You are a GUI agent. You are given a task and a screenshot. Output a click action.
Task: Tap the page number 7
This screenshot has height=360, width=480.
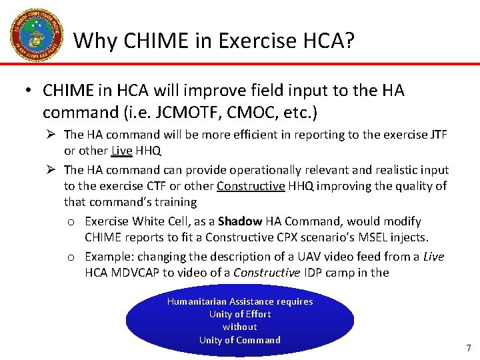(469, 348)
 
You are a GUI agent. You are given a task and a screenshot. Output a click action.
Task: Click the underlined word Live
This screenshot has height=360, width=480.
(122, 151)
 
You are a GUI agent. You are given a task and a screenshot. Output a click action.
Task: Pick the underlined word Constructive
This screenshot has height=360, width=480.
(251, 186)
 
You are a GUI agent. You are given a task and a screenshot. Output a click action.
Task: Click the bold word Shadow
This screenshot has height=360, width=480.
(240, 221)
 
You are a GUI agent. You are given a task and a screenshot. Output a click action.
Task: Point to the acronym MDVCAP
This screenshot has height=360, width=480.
(139, 273)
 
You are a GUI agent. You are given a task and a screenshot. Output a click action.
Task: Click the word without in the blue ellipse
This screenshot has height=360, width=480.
(239, 327)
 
